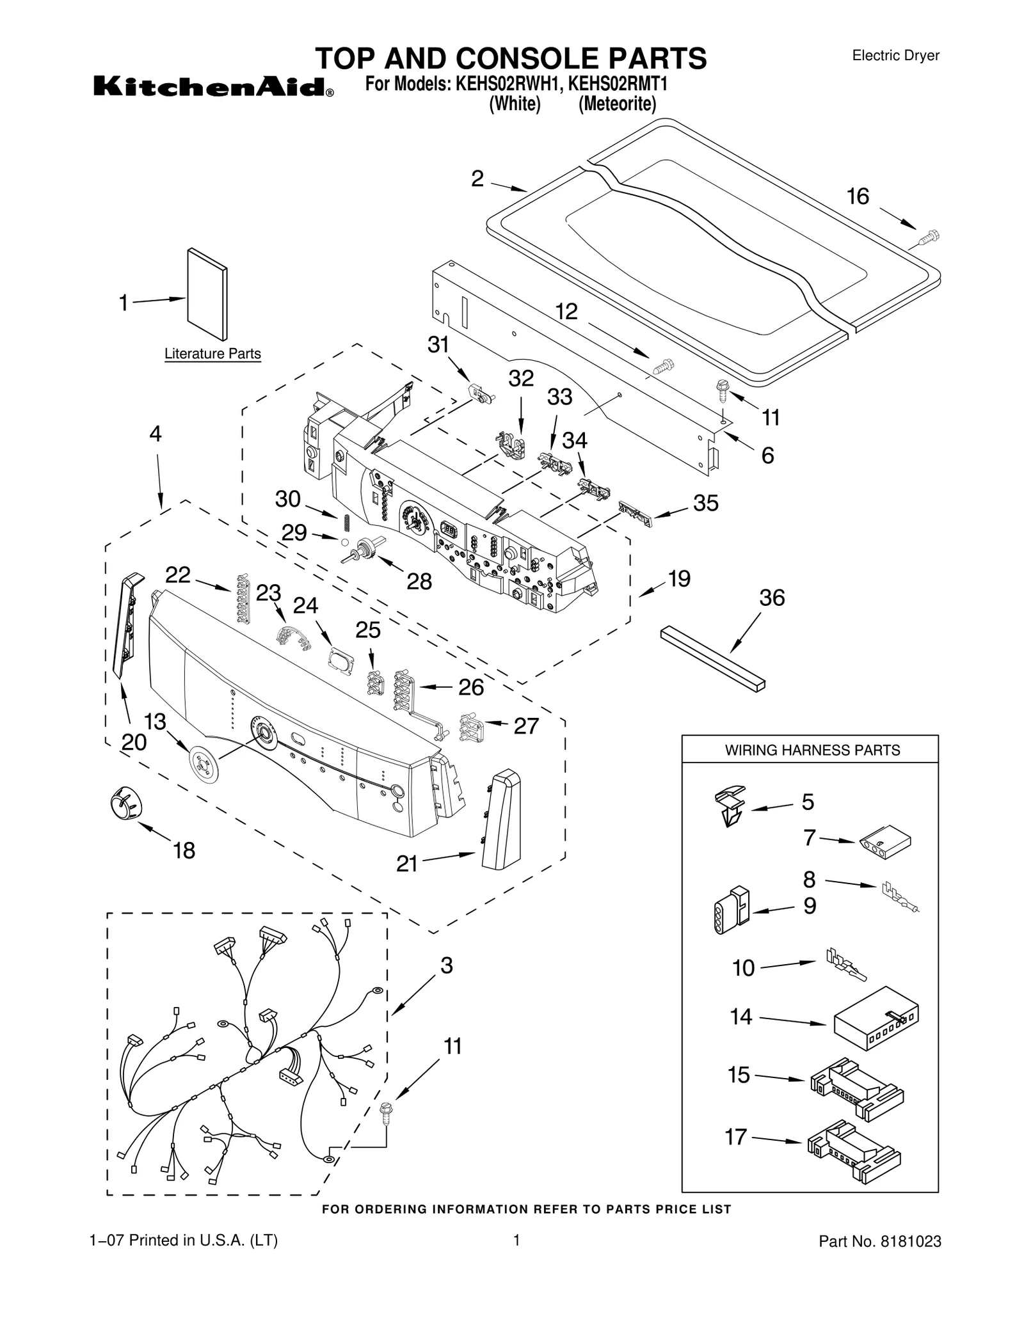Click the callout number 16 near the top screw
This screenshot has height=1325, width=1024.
858,196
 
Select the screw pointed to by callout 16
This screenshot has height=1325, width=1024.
927,237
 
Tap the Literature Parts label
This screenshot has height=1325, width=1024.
212,354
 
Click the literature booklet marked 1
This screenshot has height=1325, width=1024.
207,295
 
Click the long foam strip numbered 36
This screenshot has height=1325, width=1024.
712,659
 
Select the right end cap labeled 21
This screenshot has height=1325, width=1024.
502,819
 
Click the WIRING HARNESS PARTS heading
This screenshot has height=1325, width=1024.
812,750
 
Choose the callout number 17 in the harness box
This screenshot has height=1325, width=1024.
735,1137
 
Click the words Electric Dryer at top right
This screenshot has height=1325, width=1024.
895,56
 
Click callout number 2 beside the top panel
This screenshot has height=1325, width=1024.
477,179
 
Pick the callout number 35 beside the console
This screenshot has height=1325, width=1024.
706,503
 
